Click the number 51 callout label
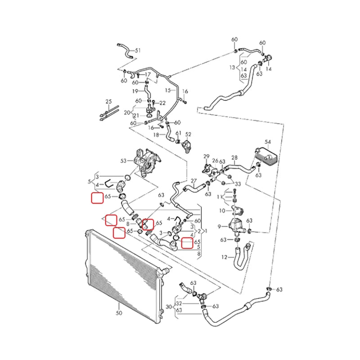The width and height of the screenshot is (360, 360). [138, 50]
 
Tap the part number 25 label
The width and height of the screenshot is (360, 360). [108, 102]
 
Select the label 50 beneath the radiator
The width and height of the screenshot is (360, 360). [119, 312]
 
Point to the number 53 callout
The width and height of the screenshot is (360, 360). [123, 160]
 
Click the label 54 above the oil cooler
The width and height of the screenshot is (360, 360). [268, 142]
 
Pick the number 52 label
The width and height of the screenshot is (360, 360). [188, 134]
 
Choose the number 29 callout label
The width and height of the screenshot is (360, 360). [207, 157]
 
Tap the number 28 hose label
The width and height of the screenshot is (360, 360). [234, 157]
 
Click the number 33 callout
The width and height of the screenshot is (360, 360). [238, 184]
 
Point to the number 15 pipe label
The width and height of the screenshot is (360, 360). [167, 90]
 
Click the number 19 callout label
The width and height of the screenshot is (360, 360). [135, 91]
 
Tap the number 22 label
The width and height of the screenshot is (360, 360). [162, 103]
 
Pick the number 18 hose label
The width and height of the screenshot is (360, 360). [156, 135]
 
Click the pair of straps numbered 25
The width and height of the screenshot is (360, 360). [108, 112]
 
